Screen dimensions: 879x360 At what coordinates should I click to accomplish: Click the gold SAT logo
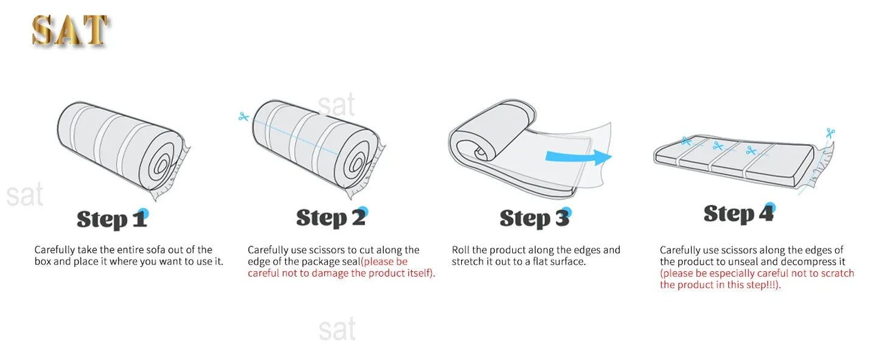pyautogui.click(x=70, y=32)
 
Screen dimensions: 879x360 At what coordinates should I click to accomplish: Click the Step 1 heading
pyautogui.click(x=112, y=219)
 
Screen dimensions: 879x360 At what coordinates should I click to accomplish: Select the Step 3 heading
pyautogui.click(x=535, y=218)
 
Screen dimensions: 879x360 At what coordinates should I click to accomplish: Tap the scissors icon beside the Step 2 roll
pyautogui.click(x=244, y=117)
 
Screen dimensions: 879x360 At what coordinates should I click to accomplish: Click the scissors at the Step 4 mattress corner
pyautogui.click(x=830, y=133)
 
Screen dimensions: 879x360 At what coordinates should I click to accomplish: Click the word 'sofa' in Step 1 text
pyautogui.click(x=155, y=250)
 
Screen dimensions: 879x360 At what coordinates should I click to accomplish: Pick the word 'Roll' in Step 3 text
pyautogui.click(x=460, y=250)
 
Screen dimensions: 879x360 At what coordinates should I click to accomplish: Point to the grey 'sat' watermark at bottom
pyautogui.click(x=337, y=329)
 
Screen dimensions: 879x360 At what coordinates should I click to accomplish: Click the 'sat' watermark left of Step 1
pyautogui.click(x=25, y=195)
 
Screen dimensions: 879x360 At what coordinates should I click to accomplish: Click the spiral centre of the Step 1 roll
pyautogui.click(x=161, y=166)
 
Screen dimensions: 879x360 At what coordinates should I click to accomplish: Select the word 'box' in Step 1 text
pyautogui.click(x=43, y=261)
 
